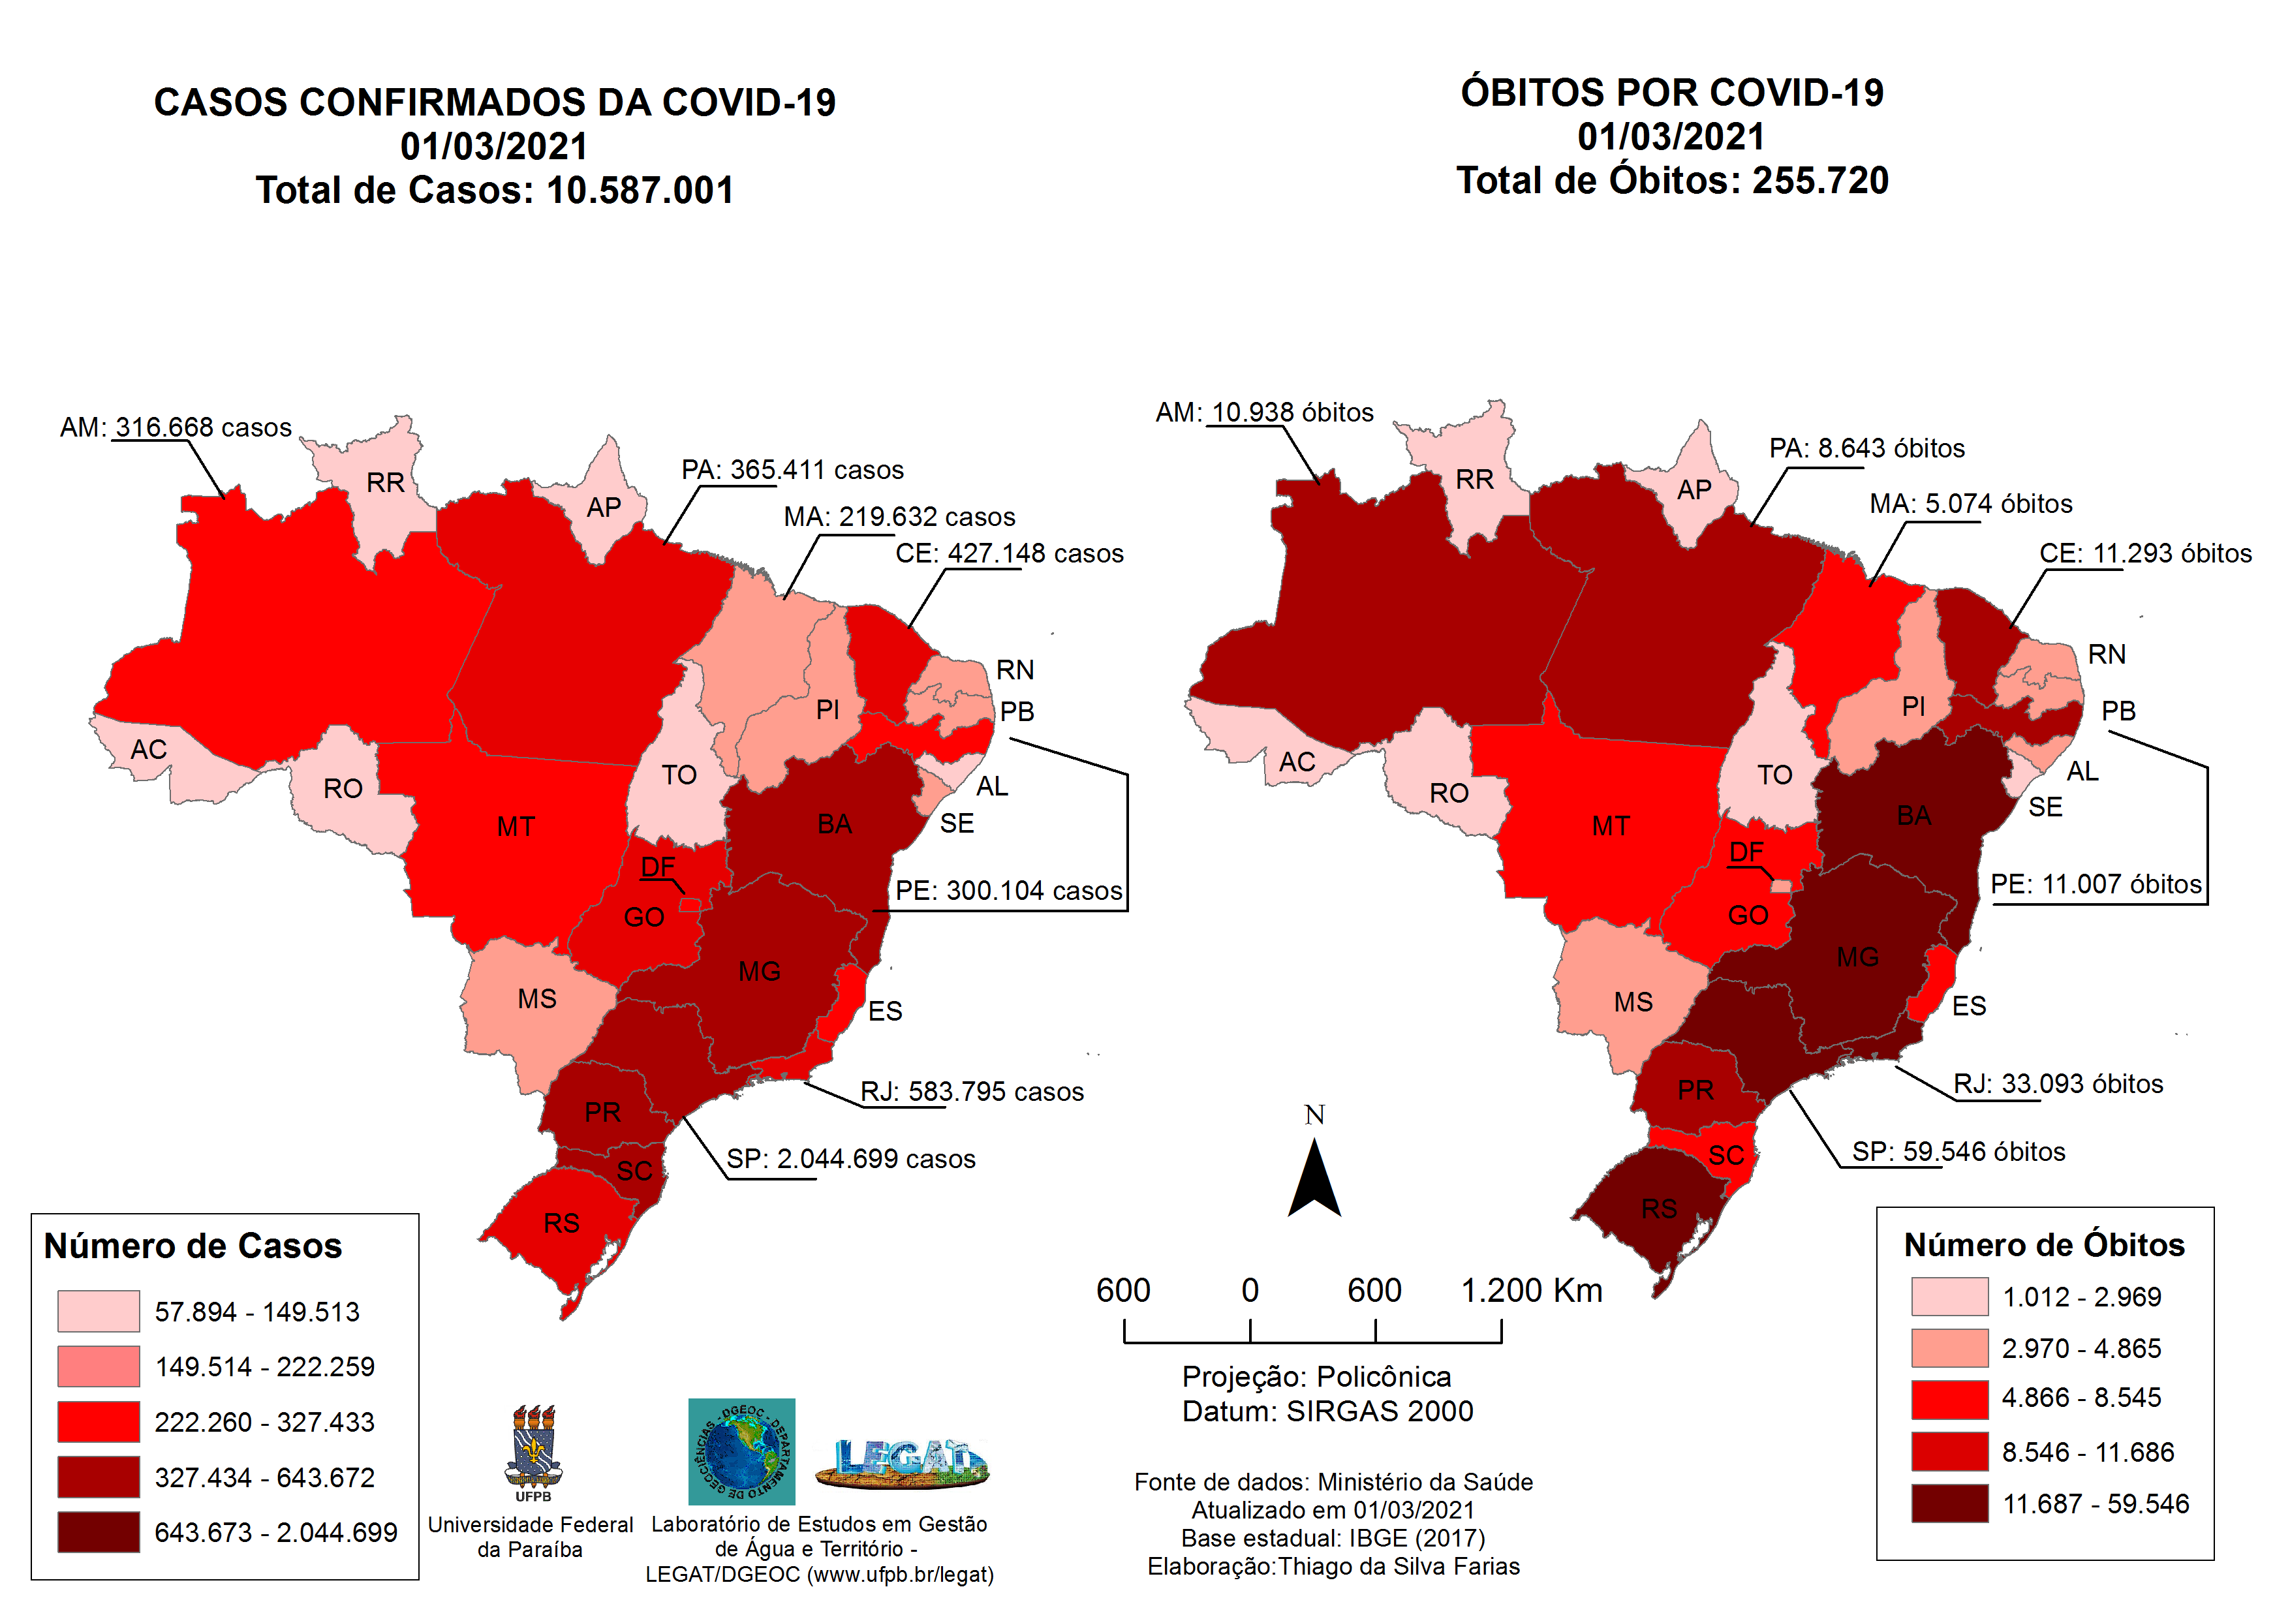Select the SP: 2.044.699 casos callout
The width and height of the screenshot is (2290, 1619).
click(850, 1158)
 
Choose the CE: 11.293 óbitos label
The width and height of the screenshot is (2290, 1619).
click(2144, 553)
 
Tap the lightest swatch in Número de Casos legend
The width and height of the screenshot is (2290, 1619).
click(98, 1311)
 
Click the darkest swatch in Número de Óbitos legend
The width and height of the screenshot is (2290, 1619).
click(1949, 1503)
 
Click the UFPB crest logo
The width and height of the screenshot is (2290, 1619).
click(534, 1451)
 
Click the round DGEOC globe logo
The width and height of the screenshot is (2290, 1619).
click(741, 1451)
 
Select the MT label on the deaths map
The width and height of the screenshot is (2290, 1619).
click(1610, 826)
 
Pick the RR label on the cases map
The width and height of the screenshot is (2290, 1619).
click(385, 483)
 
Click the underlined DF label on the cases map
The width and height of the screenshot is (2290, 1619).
click(657, 866)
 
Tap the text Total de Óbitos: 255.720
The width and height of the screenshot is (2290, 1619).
click(1671, 181)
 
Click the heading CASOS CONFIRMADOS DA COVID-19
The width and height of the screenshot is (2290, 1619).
click(495, 102)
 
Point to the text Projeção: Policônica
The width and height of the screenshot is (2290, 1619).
click(1316, 1377)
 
